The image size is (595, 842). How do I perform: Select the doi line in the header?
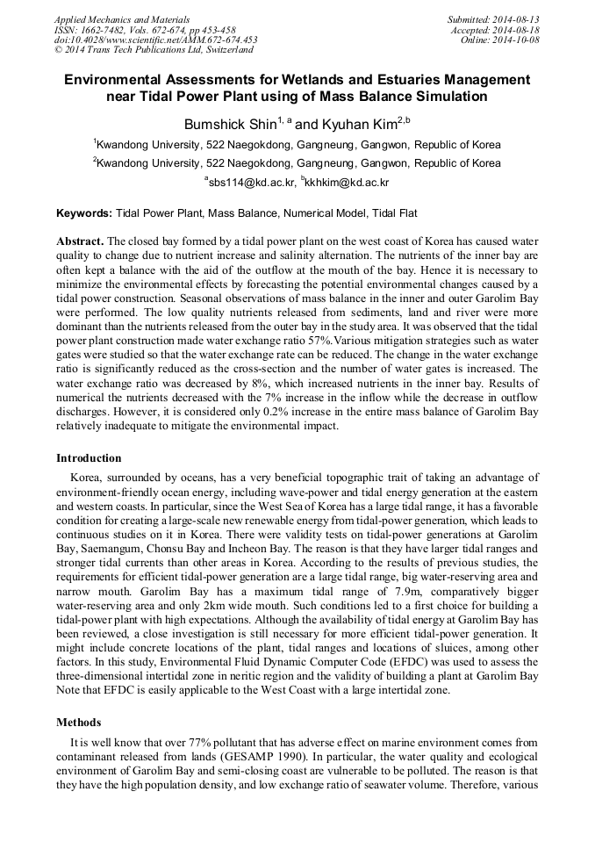click(x=155, y=40)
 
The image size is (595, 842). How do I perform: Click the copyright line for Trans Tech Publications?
click(x=154, y=50)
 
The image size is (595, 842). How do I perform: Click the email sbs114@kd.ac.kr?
click(x=254, y=183)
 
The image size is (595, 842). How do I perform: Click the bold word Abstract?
click(x=80, y=241)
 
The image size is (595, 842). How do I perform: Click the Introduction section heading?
click(x=89, y=458)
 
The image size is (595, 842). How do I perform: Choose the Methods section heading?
click(x=79, y=723)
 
